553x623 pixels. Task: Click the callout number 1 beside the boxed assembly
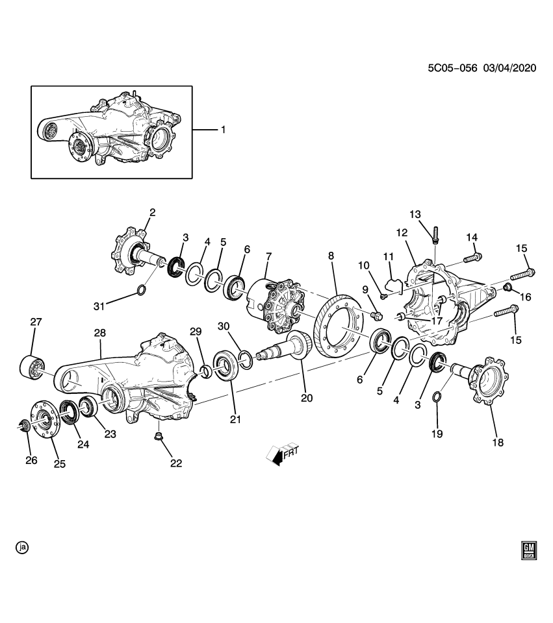click(222, 130)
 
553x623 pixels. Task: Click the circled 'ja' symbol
click(23, 548)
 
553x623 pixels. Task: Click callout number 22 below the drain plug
click(176, 463)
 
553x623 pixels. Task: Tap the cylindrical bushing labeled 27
click(31, 366)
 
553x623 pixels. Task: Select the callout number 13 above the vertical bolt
click(415, 214)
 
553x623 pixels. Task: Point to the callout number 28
click(99, 333)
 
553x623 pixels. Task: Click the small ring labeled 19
click(437, 397)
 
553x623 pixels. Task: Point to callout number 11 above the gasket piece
click(388, 257)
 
